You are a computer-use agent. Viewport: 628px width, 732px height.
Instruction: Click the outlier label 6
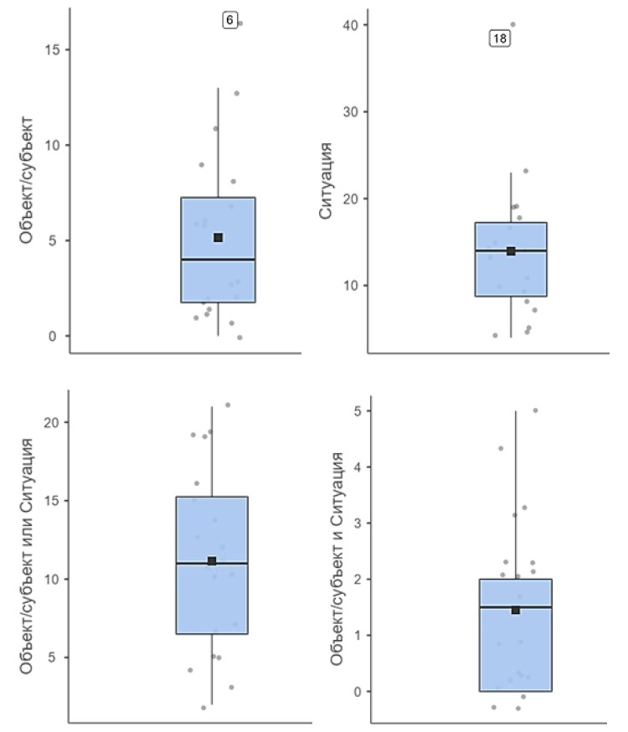click(230, 19)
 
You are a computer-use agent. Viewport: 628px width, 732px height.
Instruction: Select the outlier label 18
click(501, 38)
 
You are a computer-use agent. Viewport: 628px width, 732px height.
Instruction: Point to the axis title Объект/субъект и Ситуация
click(337, 559)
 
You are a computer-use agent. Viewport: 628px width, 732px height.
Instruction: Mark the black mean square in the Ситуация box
click(511, 251)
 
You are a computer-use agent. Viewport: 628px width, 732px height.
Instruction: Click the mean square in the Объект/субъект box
click(219, 238)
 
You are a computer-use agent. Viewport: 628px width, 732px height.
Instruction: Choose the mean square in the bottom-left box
click(212, 561)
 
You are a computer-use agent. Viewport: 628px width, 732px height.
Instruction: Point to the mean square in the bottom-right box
click(516, 610)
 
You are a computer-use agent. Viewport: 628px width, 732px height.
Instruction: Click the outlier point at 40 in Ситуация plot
click(512, 24)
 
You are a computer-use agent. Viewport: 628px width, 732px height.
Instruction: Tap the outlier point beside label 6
click(240, 23)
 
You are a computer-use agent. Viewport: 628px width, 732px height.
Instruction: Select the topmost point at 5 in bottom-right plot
click(536, 410)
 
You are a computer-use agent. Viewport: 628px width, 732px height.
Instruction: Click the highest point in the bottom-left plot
click(228, 405)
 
